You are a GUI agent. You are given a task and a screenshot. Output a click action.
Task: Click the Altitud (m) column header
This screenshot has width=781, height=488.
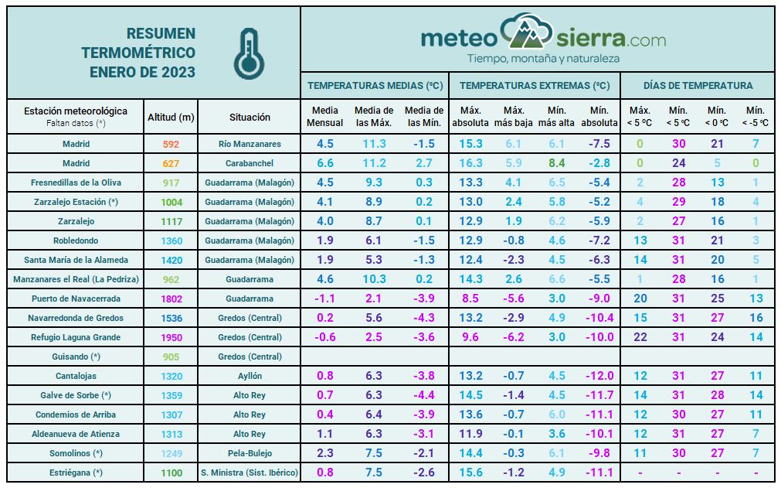(171, 118)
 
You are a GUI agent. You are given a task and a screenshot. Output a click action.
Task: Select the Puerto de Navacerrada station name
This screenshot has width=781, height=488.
(76, 299)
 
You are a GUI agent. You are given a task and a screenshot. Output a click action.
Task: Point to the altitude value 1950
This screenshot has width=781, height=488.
(171, 337)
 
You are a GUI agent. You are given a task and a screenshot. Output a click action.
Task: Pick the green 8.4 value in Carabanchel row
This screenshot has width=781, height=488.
(556, 163)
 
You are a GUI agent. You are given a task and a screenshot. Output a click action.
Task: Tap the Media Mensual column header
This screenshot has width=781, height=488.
(325, 118)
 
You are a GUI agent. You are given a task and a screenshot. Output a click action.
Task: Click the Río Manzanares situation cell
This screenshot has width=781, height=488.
(250, 144)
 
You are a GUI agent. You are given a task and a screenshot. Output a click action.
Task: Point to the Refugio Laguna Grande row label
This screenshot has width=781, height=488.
(76, 337)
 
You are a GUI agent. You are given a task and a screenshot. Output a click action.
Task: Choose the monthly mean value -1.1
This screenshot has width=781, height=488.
(324, 299)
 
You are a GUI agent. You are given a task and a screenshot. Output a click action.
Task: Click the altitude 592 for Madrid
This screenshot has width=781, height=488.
(171, 144)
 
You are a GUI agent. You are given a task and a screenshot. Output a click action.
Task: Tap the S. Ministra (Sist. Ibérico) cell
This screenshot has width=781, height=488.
(250, 473)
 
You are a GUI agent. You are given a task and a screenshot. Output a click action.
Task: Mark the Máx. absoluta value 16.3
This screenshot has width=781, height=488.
(470, 163)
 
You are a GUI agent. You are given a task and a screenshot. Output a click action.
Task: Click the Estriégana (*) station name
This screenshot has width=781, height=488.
(76, 473)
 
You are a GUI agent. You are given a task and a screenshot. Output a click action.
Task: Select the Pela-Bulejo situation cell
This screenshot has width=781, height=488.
(250, 453)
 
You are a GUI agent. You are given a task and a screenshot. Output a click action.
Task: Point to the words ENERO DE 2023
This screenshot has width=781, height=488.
(142, 73)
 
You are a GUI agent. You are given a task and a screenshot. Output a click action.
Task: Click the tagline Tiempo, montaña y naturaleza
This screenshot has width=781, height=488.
(543, 59)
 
